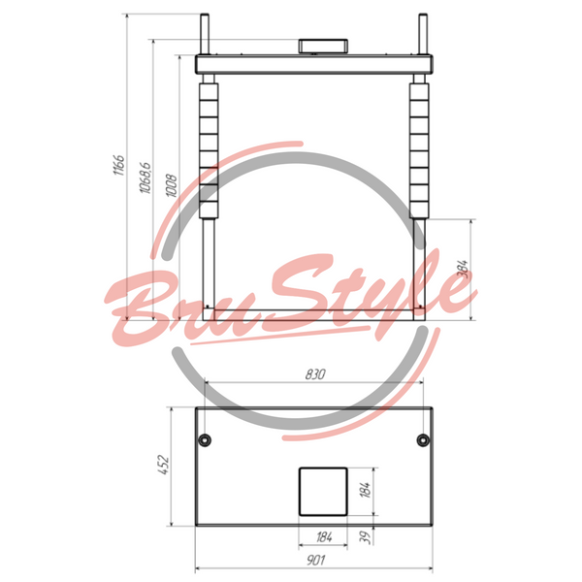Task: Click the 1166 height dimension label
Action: [119, 165]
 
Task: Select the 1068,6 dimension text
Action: [145, 178]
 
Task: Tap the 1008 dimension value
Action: [171, 185]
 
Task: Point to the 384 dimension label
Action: [462, 269]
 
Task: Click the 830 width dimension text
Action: [315, 374]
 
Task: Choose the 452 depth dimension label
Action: [163, 465]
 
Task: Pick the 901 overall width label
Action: [315, 560]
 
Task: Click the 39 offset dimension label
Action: [366, 537]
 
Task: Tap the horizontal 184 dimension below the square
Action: [324, 537]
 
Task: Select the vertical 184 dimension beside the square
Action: [366, 490]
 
